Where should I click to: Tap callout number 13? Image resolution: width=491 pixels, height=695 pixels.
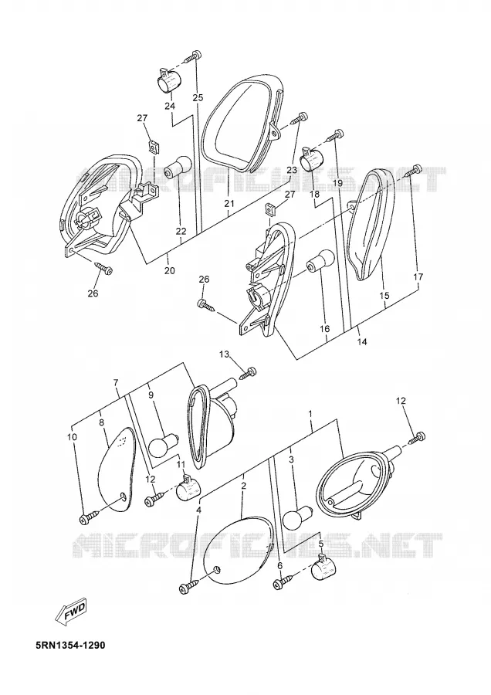click(x=225, y=354)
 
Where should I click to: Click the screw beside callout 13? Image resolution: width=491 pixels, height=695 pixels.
click(x=248, y=373)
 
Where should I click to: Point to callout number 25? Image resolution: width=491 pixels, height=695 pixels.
click(x=198, y=97)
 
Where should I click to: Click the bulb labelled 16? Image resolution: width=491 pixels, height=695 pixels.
click(x=320, y=261)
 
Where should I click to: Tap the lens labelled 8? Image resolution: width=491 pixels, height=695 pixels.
click(x=115, y=470)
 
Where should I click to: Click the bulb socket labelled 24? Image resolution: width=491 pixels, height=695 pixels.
click(x=170, y=80)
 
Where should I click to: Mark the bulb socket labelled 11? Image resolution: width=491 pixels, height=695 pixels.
click(x=188, y=489)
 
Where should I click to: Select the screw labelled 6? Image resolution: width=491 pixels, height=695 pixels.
click(x=283, y=581)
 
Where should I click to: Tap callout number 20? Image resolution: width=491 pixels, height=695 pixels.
click(x=170, y=270)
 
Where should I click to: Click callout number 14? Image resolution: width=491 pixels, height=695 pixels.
click(x=362, y=342)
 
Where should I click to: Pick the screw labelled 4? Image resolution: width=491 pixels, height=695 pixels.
click(x=189, y=585)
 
